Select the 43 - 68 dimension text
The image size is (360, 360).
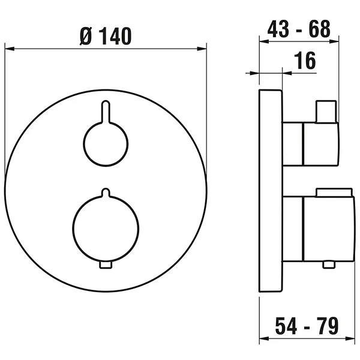[x=298, y=30]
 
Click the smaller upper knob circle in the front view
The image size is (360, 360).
[x=105, y=143]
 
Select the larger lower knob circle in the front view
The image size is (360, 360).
[x=105, y=222]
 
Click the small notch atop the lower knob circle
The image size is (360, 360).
[x=105, y=193]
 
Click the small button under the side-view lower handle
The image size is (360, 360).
[x=328, y=263]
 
